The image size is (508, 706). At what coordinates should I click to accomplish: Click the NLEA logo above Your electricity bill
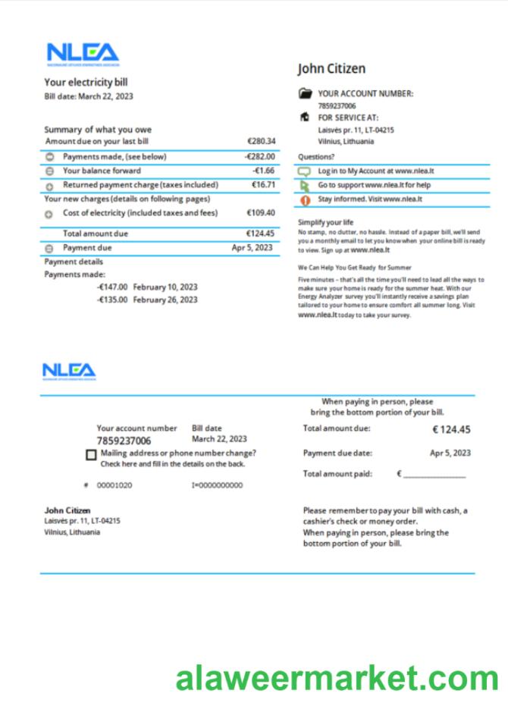83,53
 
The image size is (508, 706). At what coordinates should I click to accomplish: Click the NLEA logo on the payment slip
69,371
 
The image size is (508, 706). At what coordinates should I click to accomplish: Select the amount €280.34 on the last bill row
261,141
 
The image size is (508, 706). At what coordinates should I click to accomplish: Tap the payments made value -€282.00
259,157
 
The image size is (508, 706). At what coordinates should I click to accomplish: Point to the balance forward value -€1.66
263,171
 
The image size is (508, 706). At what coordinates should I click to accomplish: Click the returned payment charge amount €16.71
262,185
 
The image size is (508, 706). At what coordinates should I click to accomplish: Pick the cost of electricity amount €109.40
261,213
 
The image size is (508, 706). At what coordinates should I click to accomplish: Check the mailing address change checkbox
91,455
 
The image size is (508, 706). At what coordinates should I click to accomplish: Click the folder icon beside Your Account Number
305,94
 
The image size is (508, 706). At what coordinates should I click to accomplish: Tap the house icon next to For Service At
305,118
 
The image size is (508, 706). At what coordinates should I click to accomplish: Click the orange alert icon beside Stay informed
305,200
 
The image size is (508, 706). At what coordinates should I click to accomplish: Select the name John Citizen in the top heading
331,69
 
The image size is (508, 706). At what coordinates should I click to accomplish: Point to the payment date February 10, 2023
165,287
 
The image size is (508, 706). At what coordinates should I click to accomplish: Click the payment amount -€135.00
112,300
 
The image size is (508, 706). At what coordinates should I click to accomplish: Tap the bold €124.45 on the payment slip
451,430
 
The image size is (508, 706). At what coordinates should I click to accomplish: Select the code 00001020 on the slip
114,485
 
